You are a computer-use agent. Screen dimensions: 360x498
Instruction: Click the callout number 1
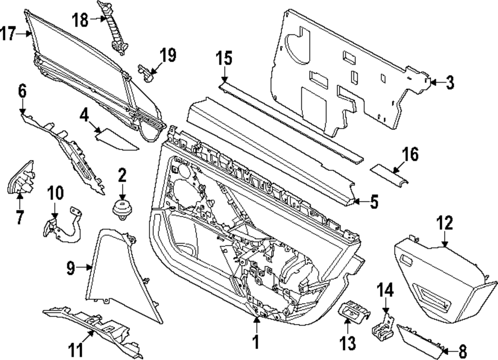(256, 342)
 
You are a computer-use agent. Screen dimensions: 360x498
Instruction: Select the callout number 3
(450, 83)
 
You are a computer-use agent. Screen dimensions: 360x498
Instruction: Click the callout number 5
(373, 202)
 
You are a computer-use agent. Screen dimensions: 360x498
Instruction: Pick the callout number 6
(22, 91)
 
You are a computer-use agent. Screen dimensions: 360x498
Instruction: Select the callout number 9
(71, 268)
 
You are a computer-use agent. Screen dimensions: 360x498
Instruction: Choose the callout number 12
(444, 223)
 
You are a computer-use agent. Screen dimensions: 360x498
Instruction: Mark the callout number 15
(224, 59)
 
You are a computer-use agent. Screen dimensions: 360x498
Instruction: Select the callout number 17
(8, 34)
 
